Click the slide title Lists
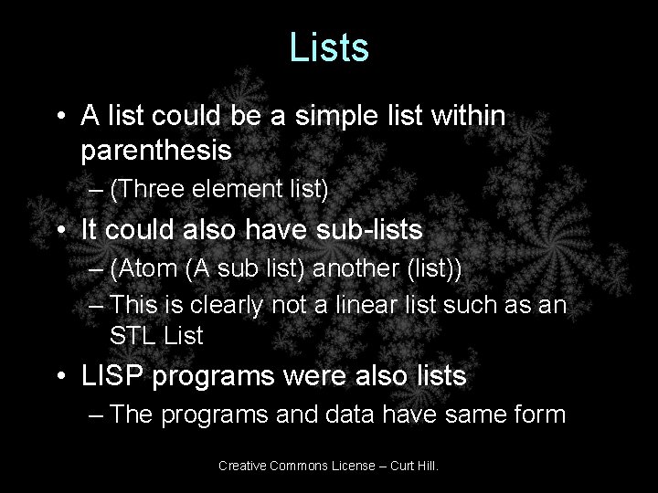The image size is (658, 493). (329, 47)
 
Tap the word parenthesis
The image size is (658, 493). (156, 150)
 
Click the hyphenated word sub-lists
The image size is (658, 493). (394, 230)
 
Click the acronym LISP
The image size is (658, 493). (111, 375)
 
